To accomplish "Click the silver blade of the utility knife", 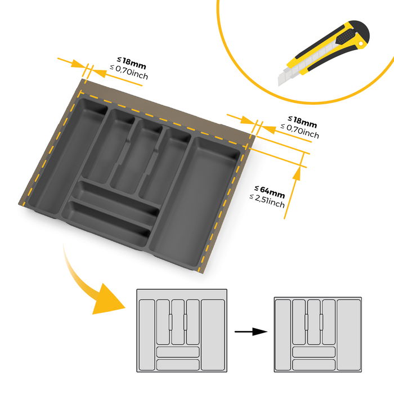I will pyautogui.click(x=288, y=75).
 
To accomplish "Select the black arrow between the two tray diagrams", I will pyautogui.click(x=251, y=332).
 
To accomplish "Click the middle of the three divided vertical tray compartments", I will pyautogui.click(x=135, y=155).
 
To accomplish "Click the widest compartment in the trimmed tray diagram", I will pyautogui.click(x=347, y=334).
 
